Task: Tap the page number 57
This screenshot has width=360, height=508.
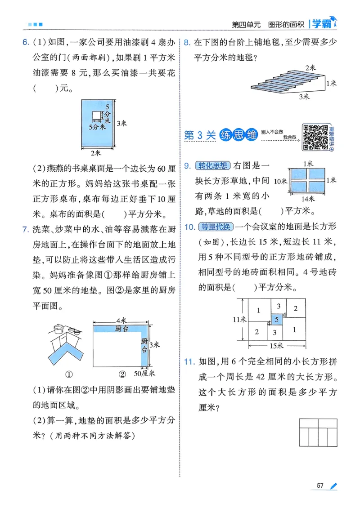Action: [320, 485]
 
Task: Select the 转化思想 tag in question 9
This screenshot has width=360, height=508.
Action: [213, 166]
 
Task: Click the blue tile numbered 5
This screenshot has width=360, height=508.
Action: [277, 320]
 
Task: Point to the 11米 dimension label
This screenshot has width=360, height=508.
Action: [239, 319]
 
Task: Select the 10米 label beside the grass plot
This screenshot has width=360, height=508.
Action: [280, 180]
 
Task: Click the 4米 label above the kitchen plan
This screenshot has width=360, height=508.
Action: [121, 320]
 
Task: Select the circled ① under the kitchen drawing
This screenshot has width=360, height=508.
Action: [69, 374]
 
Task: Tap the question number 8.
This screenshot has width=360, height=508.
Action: [187, 43]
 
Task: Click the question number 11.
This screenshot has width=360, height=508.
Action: [189, 361]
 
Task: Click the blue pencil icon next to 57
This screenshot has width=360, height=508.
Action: [333, 485]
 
